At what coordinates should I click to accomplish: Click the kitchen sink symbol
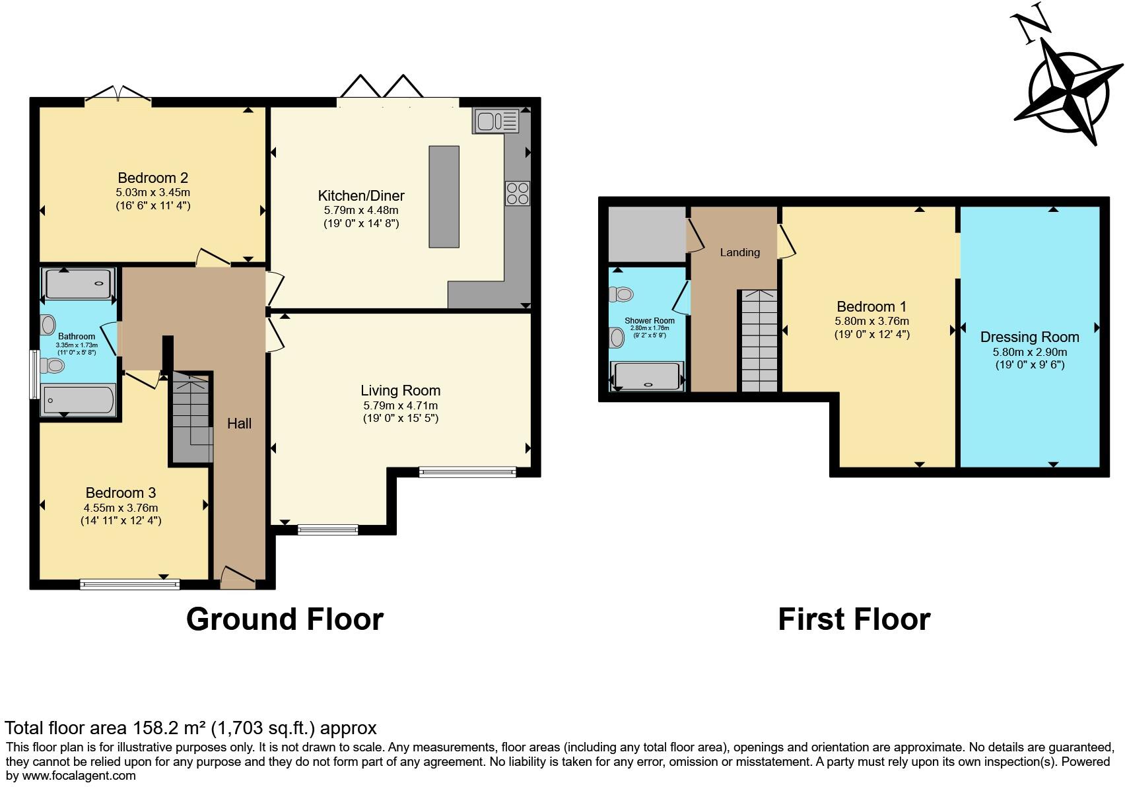click(x=496, y=121)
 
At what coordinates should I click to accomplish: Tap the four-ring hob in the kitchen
click(x=518, y=193)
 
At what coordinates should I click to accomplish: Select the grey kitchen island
click(x=444, y=197)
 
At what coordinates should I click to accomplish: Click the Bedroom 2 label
click(x=153, y=178)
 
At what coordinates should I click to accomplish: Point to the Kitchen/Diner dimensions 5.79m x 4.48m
click(x=361, y=211)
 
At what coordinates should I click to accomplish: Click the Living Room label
click(x=400, y=390)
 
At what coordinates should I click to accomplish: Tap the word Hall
click(x=239, y=423)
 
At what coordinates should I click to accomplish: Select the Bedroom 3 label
click(x=121, y=493)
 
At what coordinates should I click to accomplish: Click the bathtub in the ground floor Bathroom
click(x=78, y=400)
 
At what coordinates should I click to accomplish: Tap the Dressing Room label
click(x=1029, y=337)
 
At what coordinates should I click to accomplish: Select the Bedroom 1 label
click(x=871, y=306)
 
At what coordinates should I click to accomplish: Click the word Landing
click(x=740, y=252)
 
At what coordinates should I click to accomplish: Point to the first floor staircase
click(x=759, y=341)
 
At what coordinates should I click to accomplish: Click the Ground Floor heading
click(x=285, y=619)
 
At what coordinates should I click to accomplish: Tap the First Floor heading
click(x=854, y=619)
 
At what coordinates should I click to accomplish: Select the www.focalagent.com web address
click(x=79, y=776)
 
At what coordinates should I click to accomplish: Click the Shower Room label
click(x=650, y=320)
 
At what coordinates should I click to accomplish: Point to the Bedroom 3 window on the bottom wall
click(x=129, y=584)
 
